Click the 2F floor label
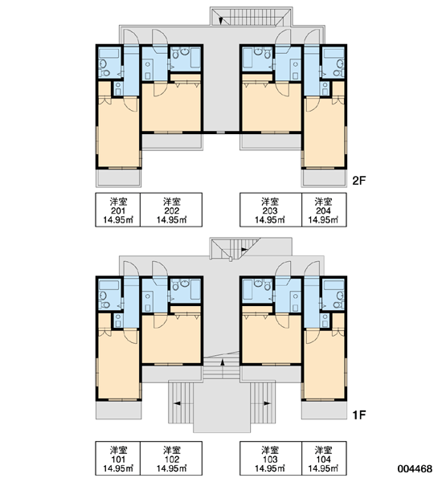[359, 181]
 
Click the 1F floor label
[359, 415]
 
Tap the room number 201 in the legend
[118, 210]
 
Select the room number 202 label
[172, 210]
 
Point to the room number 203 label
[270, 210]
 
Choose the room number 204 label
[324, 210]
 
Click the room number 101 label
[118, 460]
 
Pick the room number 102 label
[172, 460]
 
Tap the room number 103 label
[270, 460]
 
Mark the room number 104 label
[324, 460]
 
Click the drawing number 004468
[415, 469]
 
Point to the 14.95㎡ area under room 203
[270, 220]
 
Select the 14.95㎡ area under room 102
[172, 468]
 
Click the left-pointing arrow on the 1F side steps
[177, 403]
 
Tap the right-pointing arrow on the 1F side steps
[267, 403]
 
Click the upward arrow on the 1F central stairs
[222, 363]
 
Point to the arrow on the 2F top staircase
[221, 21]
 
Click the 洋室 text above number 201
[118, 202]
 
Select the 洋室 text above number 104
[324, 451]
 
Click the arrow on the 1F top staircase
[244, 249]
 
